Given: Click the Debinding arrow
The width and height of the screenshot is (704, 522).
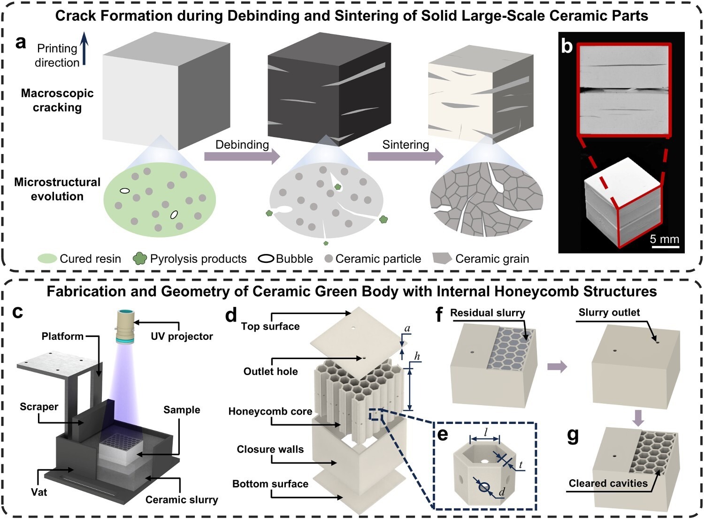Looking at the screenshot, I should pyautogui.click(x=242, y=156).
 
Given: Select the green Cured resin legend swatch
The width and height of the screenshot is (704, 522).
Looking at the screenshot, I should pyautogui.click(x=47, y=259).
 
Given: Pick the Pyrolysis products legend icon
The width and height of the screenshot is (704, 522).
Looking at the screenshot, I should pyautogui.click(x=139, y=259).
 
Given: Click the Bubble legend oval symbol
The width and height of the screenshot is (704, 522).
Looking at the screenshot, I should pyautogui.click(x=267, y=259).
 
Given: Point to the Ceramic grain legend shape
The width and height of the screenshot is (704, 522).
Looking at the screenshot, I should pyautogui.click(x=442, y=258).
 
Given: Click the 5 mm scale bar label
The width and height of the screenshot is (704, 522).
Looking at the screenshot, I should pyautogui.click(x=664, y=239).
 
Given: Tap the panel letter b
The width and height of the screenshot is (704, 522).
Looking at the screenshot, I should pyautogui.click(x=567, y=46).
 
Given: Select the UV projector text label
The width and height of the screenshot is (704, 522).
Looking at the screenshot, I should pyautogui.click(x=182, y=336).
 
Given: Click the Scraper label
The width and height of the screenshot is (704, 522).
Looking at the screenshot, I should pyautogui.click(x=39, y=407).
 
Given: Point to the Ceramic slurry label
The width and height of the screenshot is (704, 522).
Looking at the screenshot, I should pyautogui.click(x=182, y=499).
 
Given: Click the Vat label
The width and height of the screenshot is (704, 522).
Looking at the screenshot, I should pyautogui.click(x=39, y=492).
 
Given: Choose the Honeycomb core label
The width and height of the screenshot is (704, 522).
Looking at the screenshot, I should pyautogui.click(x=270, y=412).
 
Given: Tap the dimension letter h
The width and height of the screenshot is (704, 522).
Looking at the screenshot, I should pyautogui.click(x=417, y=357).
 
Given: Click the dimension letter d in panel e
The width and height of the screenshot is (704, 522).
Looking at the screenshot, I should pyautogui.click(x=502, y=492).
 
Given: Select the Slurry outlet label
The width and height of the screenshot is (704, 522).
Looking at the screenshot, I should pyautogui.click(x=609, y=313).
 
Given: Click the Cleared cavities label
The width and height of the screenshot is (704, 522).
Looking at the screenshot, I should pyautogui.click(x=608, y=484).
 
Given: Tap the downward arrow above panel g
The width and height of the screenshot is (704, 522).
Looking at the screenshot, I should pyautogui.click(x=637, y=417).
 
